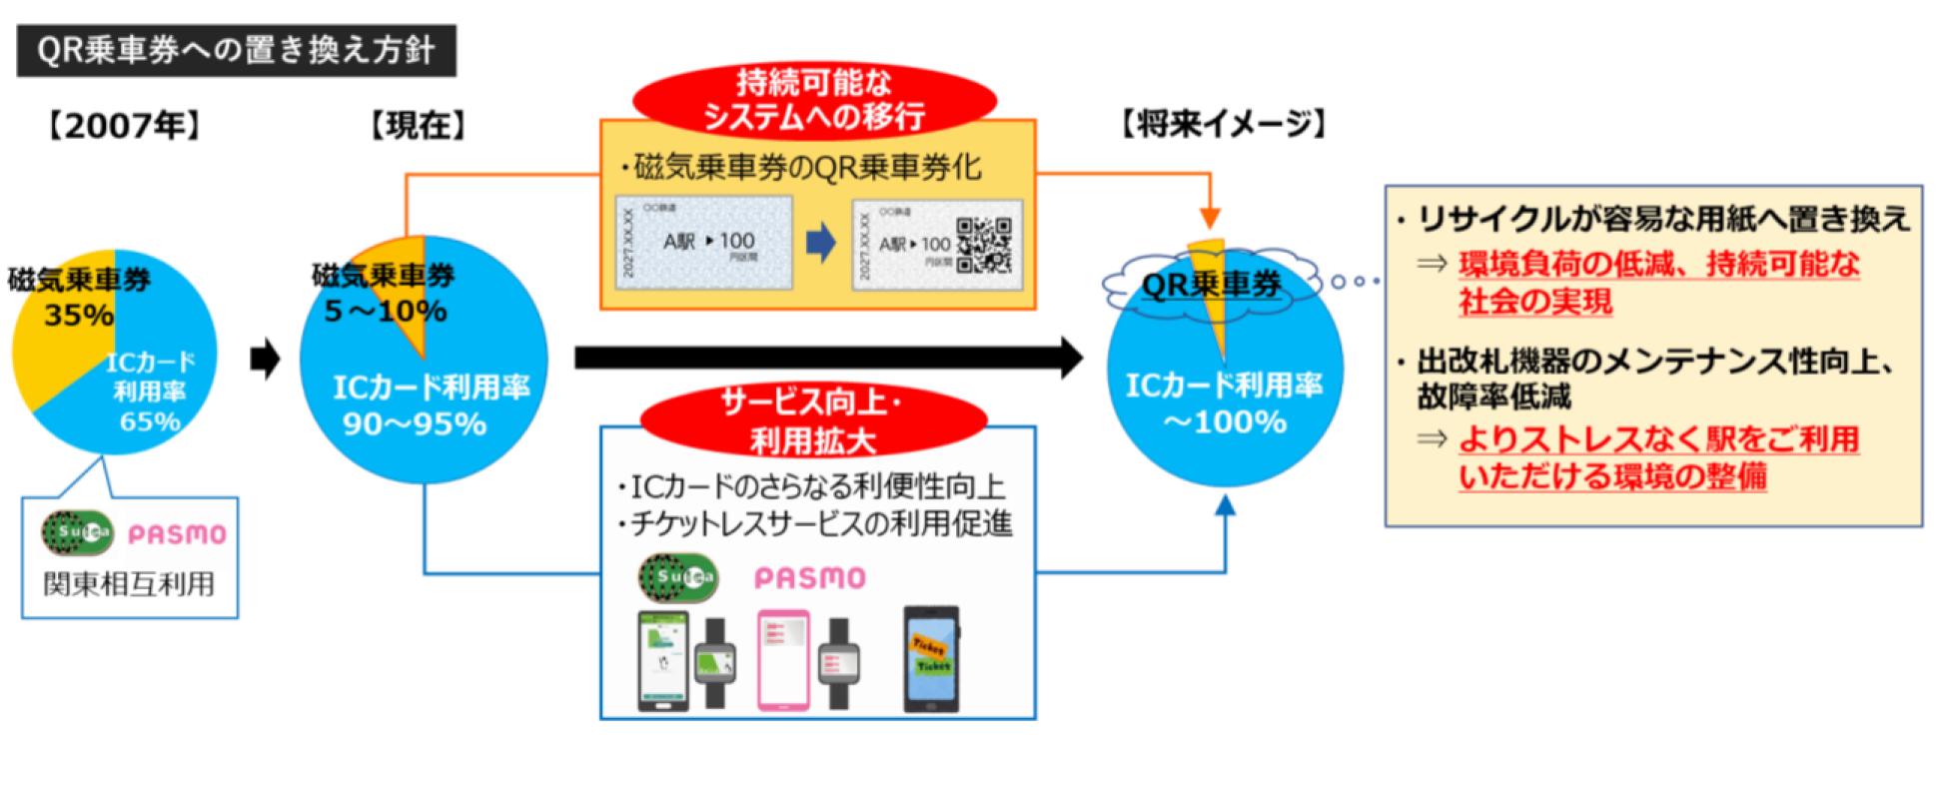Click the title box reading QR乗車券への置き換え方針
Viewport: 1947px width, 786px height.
(236, 51)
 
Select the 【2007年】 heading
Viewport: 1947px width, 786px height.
(124, 126)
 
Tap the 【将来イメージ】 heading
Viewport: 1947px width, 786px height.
(1223, 125)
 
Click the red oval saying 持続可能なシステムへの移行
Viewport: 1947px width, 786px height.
(815, 99)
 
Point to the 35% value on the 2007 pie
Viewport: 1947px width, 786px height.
(79, 316)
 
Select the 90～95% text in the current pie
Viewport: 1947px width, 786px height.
(415, 424)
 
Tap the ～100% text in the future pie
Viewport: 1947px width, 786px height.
(1225, 422)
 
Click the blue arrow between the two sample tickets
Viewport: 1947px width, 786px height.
(820, 244)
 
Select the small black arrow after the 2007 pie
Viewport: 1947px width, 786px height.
(265, 359)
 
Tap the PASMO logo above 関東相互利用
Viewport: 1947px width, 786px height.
(177, 534)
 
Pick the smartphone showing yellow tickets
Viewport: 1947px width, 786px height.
(931, 658)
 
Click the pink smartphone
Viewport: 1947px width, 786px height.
(783, 658)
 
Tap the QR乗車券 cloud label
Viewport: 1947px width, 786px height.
(1211, 285)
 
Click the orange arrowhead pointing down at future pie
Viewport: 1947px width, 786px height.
(1209, 217)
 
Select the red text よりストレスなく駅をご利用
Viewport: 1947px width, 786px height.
(1658, 438)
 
